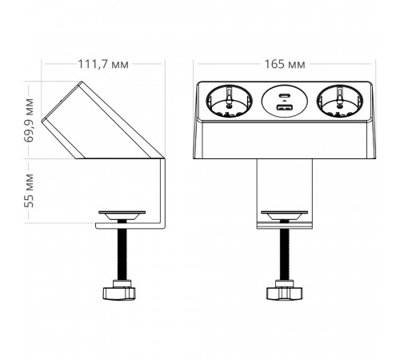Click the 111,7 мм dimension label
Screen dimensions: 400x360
[x=103, y=64]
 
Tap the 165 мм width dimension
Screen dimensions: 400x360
[x=285, y=64]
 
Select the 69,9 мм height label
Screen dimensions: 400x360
[x=29, y=120]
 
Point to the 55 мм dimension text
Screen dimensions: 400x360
[x=29, y=190]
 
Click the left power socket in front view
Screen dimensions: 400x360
[x=229, y=101]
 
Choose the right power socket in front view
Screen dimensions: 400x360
[x=340, y=101]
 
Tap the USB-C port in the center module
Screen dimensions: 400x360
[x=284, y=95]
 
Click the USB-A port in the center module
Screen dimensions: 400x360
[x=284, y=107]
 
